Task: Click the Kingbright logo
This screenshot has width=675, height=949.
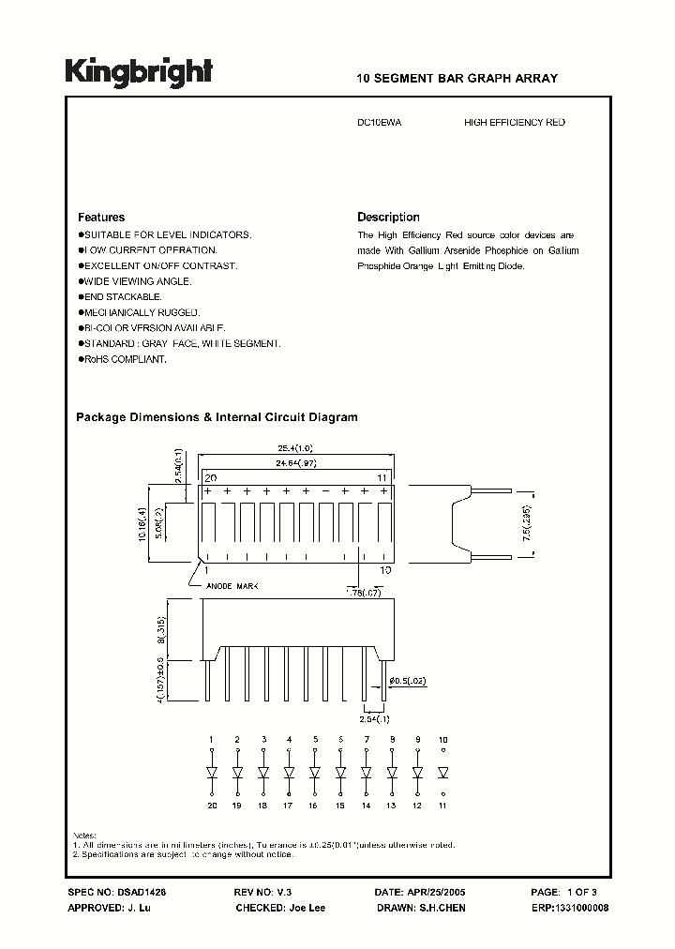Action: coord(139,73)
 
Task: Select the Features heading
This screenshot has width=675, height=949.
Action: coord(100,217)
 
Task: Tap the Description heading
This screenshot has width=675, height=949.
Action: coord(388,217)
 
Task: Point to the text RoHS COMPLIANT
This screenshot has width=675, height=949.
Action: coord(123,360)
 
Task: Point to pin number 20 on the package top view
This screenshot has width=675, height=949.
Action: coord(211,477)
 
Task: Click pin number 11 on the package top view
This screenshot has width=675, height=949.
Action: coord(382,477)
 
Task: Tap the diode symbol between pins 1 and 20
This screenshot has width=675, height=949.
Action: coord(211,773)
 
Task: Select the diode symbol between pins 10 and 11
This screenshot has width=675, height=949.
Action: coord(443,773)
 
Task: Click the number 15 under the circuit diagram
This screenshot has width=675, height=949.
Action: coord(340,806)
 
